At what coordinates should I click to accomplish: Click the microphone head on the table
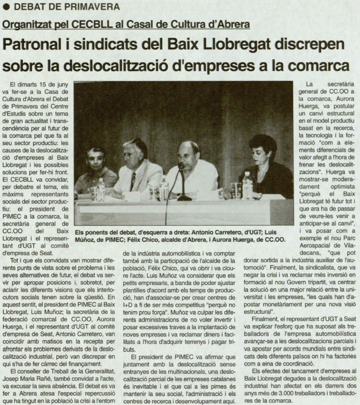pos(180,166)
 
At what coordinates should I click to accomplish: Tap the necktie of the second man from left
pos(133,181)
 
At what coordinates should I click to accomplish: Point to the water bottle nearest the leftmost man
pos(100,189)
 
